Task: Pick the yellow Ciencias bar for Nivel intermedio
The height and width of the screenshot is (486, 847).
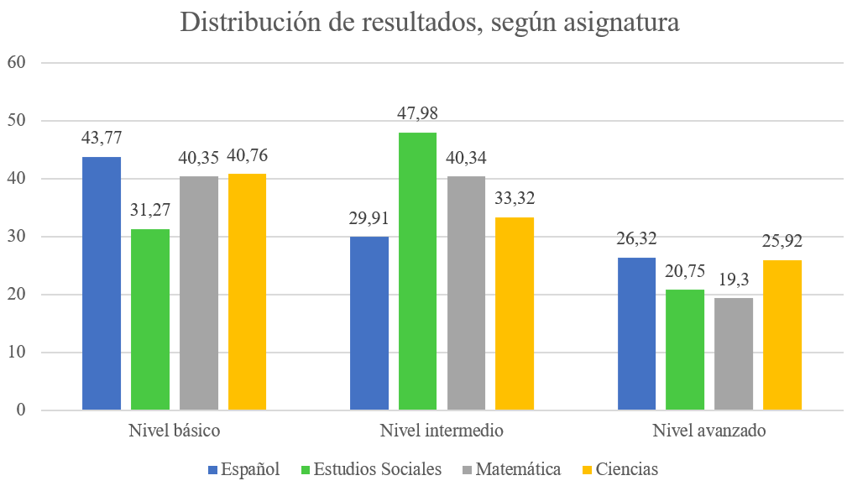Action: click(515, 314)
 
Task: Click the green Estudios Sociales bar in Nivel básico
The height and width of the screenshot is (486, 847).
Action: click(150, 320)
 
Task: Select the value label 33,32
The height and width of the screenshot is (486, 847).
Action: click(515, 199)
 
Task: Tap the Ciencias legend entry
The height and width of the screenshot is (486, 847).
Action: click(626, 469)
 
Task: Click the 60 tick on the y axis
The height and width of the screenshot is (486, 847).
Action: click(18, 62)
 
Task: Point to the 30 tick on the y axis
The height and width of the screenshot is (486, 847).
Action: click(18, 237)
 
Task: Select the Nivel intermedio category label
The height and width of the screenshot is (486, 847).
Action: click(442, 431)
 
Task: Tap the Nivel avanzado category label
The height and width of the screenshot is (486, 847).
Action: click(709, 431)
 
